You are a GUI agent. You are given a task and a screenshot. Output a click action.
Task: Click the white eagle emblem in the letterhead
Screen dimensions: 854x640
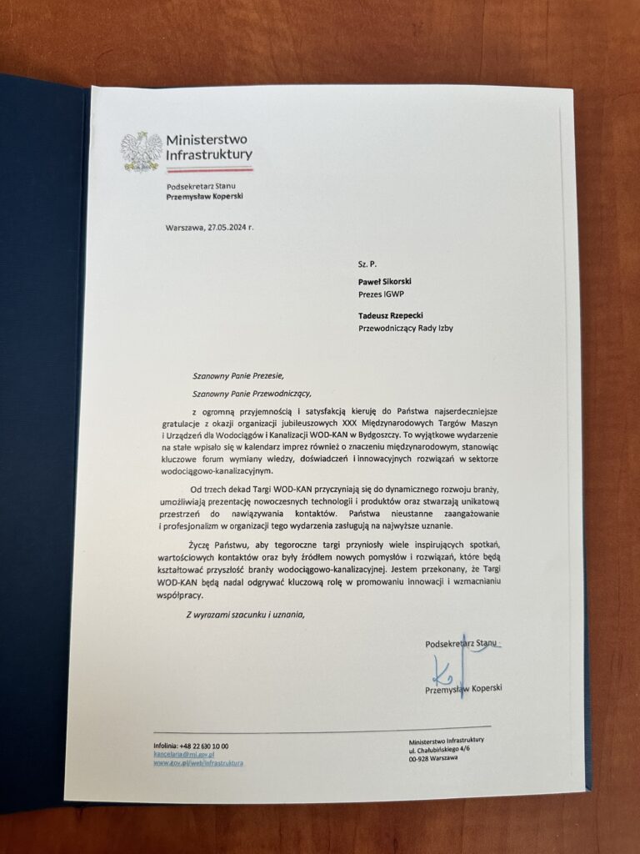coord(140,151)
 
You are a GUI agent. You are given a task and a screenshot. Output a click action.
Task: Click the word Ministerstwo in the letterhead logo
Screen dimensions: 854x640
coord(207,139)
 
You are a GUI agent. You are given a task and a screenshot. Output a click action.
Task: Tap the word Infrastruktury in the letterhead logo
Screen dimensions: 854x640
coord(209,154)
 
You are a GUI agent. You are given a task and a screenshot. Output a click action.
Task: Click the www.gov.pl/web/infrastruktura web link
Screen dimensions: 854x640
coord(198,762)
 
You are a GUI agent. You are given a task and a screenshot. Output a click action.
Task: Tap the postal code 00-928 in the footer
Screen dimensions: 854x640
coord(422,758)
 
